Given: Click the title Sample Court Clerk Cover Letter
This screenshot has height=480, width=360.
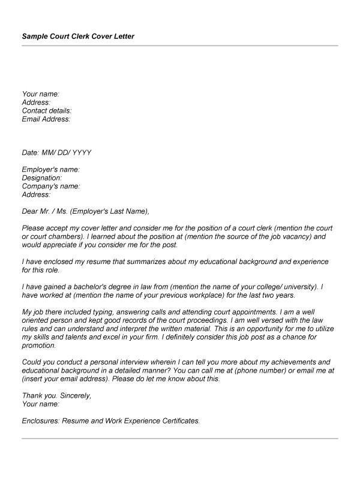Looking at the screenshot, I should click(78, 37).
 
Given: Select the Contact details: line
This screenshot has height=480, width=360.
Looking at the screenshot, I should click(47, 111).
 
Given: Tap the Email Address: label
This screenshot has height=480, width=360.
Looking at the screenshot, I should click(46, 119).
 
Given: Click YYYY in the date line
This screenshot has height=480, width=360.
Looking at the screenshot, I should click(82, 153).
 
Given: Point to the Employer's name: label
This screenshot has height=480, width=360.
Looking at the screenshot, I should click(50, 170).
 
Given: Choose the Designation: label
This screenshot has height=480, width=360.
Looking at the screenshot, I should click(42, 178).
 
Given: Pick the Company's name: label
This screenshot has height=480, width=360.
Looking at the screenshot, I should click(51, 187).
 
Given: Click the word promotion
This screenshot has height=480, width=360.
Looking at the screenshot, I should click(38, 346).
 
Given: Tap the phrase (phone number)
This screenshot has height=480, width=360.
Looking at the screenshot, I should click(256, 371).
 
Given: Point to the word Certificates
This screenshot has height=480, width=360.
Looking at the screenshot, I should click(176, 421).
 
